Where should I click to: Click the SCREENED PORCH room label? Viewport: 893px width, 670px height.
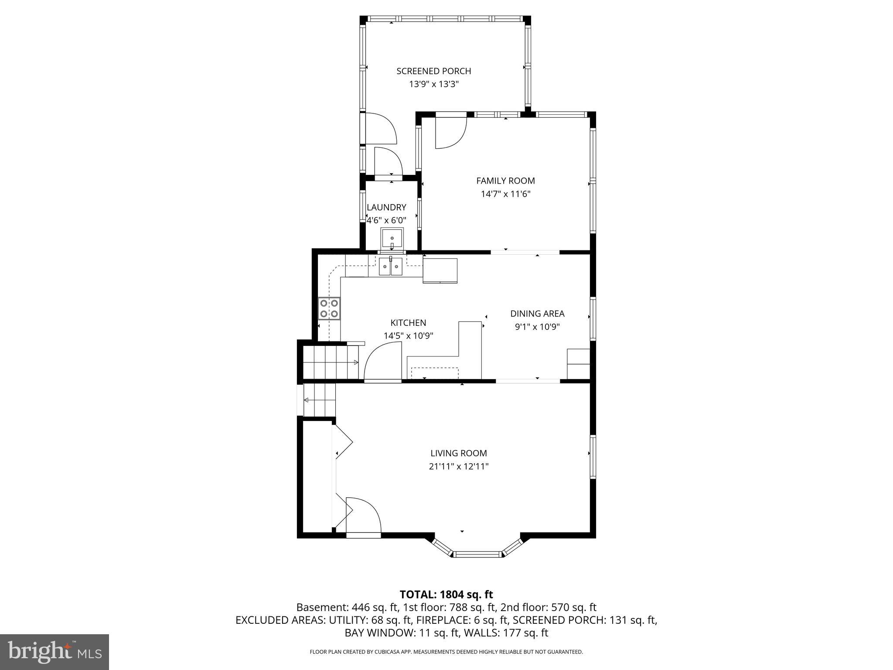[433, 71]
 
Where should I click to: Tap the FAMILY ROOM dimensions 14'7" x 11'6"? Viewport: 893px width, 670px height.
[505, 194]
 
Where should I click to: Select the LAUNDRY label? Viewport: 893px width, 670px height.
[386, 208]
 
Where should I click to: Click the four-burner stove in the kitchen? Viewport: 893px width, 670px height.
[329, 308]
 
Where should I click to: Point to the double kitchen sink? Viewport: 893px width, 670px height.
[390, 267]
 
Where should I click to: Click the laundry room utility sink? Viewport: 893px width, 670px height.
[392, 239]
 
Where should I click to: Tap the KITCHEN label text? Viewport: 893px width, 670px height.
[408, 323]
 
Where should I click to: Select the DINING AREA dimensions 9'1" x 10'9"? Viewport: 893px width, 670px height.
[537, 327]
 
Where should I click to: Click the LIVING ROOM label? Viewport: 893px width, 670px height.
[459, 453]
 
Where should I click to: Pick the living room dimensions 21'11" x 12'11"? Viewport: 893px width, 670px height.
[459, 466]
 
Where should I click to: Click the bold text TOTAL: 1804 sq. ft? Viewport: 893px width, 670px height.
[446, 595]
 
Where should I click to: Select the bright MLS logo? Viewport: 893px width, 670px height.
[55, 652]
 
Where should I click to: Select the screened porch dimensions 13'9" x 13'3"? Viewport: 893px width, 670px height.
[433, 84]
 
